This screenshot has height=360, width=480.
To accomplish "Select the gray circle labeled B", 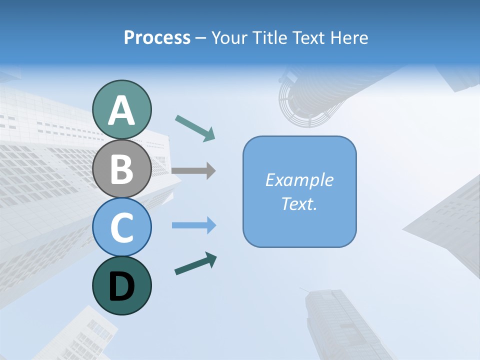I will pos(122,169).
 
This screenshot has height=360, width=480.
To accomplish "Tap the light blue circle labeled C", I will pos(122,227).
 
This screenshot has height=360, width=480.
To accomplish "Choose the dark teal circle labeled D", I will pos(122,285).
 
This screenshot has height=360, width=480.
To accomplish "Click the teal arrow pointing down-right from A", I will pos(195,128).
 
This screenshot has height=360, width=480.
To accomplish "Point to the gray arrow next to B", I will pos(193,170).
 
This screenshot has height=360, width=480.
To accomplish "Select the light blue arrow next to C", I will pos(193,225).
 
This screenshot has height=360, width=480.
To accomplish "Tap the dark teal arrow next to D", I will pos(195,263).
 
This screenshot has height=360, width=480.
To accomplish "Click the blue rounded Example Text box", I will pos(299,192).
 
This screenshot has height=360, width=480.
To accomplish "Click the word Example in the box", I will pos(299,180).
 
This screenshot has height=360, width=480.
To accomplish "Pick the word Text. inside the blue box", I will pos(299,203).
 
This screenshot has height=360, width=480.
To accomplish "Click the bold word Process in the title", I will pos(157,37).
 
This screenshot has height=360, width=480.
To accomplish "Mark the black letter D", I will pos(122,286).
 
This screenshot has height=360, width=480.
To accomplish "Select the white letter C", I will pos(122,228).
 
